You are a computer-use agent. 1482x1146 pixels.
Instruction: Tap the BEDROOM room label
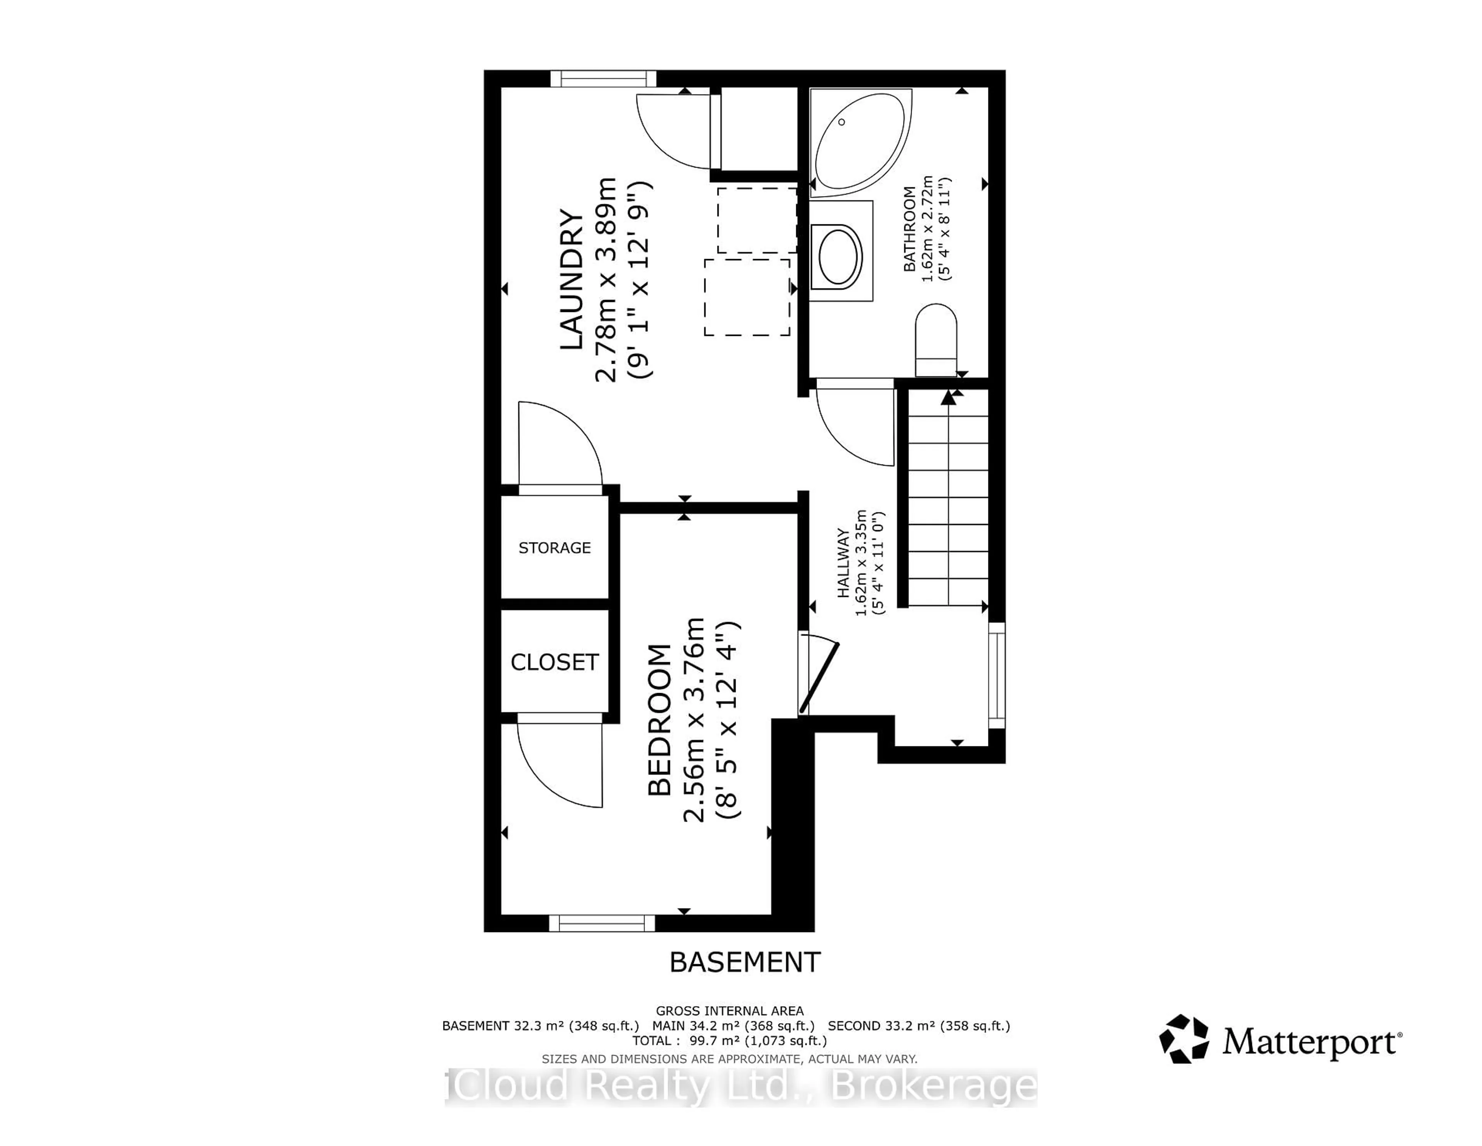coord(659,720)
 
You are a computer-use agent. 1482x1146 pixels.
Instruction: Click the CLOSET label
coord(554,662)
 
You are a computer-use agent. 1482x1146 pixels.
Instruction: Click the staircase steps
coord(947,502)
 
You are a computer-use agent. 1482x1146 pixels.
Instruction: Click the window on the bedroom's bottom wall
coord(602,923)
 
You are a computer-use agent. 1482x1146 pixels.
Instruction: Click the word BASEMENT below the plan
coord(744,962)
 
